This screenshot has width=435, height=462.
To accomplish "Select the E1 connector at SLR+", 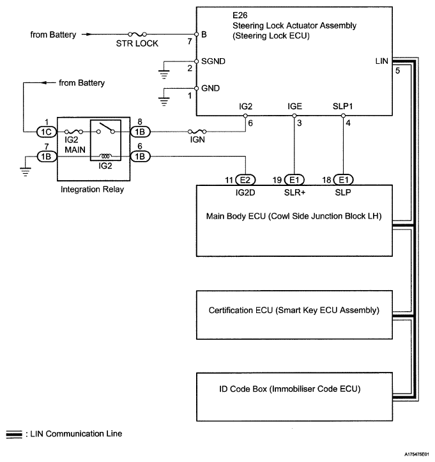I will tap(294, 180).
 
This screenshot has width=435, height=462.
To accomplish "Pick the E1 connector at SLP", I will tap(343, 180).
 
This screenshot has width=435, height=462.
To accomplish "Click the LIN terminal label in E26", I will tap(383, 61).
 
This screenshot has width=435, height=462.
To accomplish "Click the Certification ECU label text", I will tap(294, 311).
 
